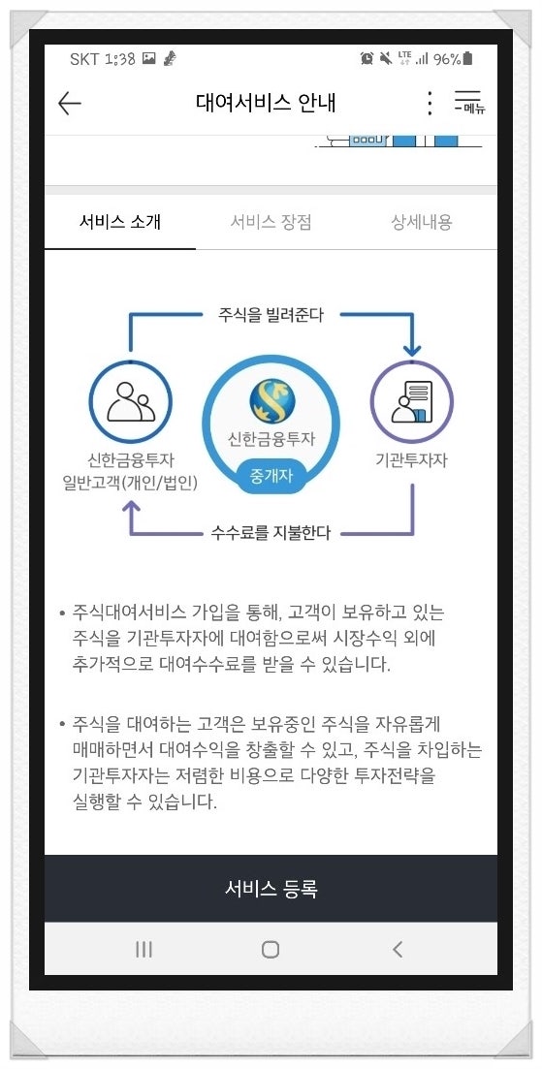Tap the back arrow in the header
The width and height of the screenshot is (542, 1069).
point(70,104)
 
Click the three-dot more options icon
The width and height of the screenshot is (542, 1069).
point(430,103)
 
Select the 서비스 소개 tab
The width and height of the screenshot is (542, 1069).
point(120,222)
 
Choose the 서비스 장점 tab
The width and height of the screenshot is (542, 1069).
point(271,222)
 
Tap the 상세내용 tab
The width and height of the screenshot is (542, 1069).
point(422,222)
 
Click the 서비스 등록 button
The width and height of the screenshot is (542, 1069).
point(271,889)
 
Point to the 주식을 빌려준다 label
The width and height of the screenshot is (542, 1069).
point(271,315)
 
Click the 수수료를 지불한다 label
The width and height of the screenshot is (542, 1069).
point(271,532)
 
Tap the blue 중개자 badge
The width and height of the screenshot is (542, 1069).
point(271,475)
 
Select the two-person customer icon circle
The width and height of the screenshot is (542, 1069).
point(130,402)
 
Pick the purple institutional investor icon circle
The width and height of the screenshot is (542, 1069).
point(412,402)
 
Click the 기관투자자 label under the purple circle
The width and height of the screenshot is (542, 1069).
point(412,460)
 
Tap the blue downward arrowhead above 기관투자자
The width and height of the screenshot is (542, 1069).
point(412,351)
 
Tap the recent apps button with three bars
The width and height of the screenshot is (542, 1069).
point(143,949)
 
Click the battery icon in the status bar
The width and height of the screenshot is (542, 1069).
point(467,58)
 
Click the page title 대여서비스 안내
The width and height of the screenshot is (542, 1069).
point(266,103)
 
